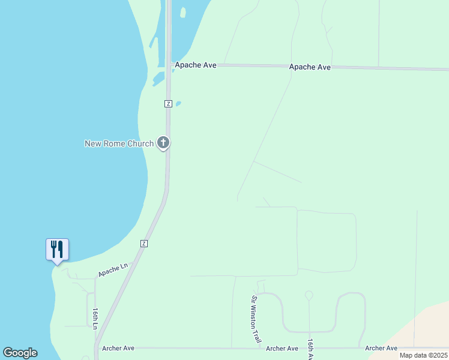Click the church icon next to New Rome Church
point(163,143)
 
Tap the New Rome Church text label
point(119,143)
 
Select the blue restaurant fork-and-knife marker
point(57,249)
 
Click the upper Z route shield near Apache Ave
point(169,104)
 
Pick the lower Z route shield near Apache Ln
point(144,243)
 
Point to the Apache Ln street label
point(113,271)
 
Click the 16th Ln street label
point(95,318)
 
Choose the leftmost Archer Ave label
point(118,348)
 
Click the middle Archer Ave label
point(282,349)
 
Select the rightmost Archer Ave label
point(381,348)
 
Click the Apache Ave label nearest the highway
point(196,65)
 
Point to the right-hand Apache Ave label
point(310,67)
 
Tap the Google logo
point(20,353)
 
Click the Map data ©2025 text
point(423,355)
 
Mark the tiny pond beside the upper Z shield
point(178,103)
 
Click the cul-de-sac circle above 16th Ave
point(309,295)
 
